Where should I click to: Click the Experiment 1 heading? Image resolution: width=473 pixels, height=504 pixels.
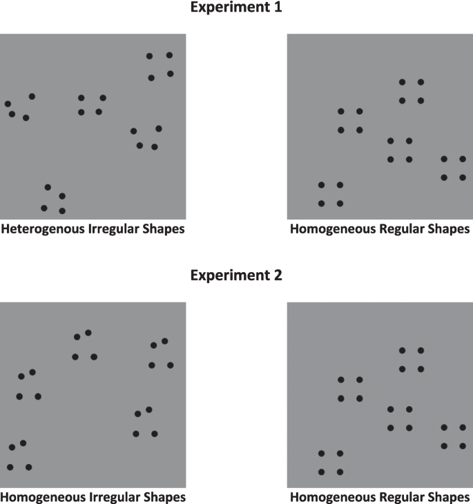pos(237,9)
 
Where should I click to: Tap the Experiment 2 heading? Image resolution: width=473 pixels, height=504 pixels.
pos(237,275)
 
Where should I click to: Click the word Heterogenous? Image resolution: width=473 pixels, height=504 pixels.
pos(42,229)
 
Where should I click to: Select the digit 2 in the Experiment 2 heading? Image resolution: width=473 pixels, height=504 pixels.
pos(280,275)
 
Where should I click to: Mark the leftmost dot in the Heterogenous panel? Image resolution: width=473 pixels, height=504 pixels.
pos(8,104)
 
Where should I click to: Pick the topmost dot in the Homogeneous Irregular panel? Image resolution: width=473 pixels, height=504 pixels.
pos(88,333)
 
